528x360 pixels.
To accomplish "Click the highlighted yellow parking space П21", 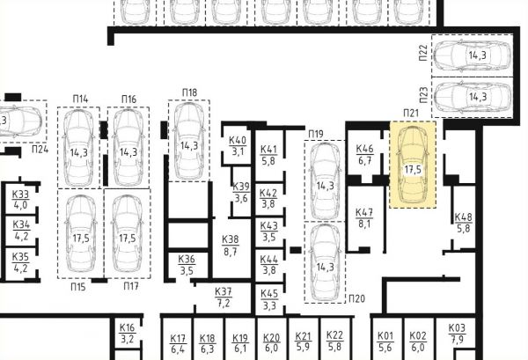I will point(413,165).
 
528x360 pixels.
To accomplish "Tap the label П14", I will point(80,99).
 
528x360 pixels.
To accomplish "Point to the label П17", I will point(130,287).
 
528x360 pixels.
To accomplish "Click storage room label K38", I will point(230,239).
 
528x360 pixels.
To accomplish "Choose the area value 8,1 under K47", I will point(364,224).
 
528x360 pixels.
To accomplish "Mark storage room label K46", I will point(364,150).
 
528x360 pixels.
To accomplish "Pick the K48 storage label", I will point(463,217).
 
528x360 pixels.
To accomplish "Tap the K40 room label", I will point(238,141).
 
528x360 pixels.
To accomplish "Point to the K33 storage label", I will point(20,195).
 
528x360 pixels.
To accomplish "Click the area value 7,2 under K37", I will point(224,303).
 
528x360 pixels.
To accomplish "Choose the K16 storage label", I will point(128,327).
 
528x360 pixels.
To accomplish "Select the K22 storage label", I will point(334,335).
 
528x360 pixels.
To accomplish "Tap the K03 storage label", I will point(456,328).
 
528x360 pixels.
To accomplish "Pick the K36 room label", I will point(187,260).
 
